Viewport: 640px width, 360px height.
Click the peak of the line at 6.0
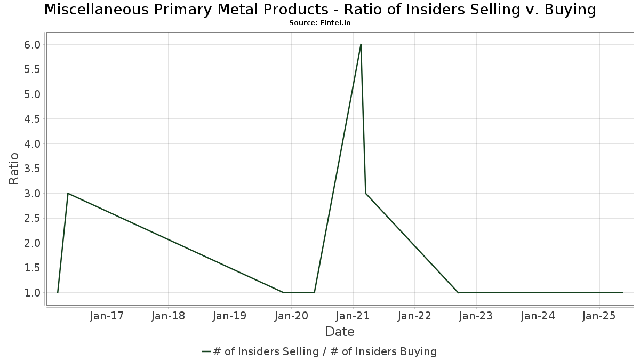pos(361,44)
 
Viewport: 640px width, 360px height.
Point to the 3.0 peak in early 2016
pos(68,193)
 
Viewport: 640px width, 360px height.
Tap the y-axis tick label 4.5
pos(32,119)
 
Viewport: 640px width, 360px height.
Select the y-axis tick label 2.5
pos(32,218)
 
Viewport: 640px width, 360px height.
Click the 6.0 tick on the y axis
pos(32,45)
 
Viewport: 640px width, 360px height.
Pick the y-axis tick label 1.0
pos(32,293)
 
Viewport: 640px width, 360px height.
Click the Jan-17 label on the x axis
pos(107,316)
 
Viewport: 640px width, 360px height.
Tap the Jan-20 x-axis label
pos(291,316)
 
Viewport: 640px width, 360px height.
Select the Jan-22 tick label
pos(414,316)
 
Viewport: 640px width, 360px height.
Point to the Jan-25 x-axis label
pos(599,316)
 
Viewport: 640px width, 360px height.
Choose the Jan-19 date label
pos(230,316)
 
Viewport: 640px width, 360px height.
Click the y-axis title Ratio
pos(14,169)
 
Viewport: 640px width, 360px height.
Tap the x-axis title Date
pos(340,332)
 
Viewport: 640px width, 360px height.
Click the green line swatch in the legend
pos(207,351)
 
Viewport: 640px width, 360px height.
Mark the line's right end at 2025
pos(622,292)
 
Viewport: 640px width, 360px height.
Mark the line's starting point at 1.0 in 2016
pos(58,292)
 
